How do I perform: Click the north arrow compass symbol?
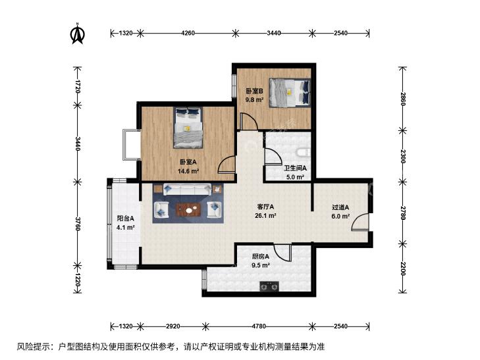point(78,34)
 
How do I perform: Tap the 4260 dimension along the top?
point(188,33)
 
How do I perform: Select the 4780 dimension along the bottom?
point(259,326)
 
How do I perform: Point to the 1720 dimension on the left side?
point(78,86)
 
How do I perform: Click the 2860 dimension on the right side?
point(402,99)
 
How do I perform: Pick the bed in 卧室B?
point(290,93)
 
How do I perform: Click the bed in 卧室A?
point(189,128)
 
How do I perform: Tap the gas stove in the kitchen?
point(269,286)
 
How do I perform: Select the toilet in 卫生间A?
point(304,152)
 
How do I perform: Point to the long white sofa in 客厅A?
point(187,189)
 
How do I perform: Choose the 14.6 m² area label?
point(188,171)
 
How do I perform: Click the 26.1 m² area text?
point(265,215)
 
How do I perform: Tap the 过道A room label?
point(340,207)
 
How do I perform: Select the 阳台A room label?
point(125,219)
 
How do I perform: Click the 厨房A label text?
point(261,257)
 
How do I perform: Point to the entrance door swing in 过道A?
point(360,222)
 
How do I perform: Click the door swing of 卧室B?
point(249,122)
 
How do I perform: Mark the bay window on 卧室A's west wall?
point(131,145)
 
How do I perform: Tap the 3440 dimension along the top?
point(273,33)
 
